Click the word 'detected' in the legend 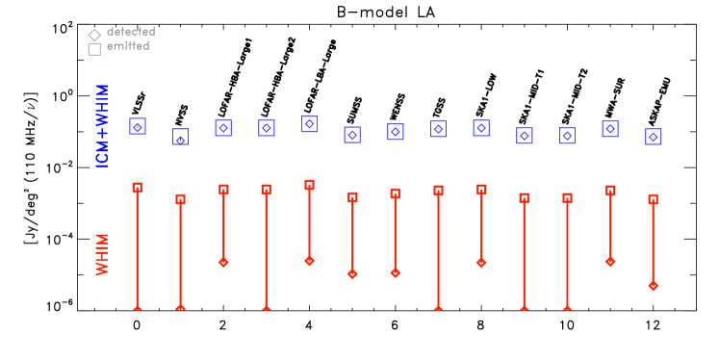131,32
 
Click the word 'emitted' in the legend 128,46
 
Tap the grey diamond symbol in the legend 94,36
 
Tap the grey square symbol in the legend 94,49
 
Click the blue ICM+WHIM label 102,125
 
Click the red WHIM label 102,254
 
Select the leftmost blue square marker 138,126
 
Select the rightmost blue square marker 654,137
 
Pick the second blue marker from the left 180,138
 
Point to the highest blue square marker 309,124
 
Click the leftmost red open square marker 138,188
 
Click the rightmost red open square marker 654,199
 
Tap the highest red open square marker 309,185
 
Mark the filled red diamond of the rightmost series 654,286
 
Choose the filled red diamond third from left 223,262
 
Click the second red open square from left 180,199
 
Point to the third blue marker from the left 223,128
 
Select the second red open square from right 610,191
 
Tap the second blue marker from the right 610,129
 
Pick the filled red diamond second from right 610,262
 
